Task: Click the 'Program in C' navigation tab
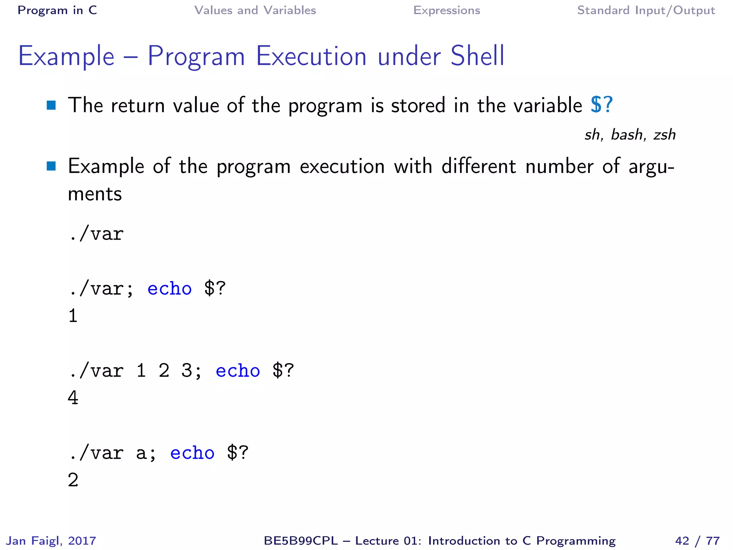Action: [57, 10]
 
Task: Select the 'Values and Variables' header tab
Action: [255, 10]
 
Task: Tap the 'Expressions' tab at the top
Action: [446, 10]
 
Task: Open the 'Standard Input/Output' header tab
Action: [646, 10]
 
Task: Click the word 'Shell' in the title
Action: [477, 56]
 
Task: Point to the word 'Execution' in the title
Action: [311, 56]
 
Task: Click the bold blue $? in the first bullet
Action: [602, 105]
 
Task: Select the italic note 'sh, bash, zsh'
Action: [630, 135]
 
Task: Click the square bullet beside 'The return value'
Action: [51, 105]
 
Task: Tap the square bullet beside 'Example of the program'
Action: [51, 166]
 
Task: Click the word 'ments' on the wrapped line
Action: [95, 194]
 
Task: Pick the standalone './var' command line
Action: [96, 234]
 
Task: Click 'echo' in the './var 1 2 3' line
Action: [238, 371]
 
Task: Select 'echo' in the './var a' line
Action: [192, 453]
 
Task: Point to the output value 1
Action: [73, 316]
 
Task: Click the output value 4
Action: [73, 398]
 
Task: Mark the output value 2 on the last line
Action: [73, 480]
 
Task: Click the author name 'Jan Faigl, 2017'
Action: [52, 540]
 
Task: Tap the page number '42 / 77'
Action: [697, 540]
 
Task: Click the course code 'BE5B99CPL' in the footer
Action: [301, 540]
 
